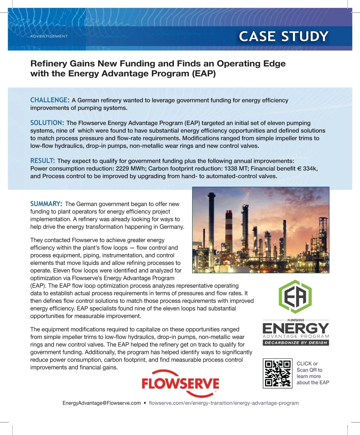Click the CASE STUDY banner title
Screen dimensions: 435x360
point(283,36)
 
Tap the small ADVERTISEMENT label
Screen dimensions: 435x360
point(49,36)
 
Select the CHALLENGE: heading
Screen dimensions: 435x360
point(50,100)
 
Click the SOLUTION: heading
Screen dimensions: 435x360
point(47,123)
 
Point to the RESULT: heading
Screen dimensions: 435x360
point(43,160)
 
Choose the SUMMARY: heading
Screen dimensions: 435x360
point(46,204)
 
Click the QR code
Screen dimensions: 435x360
point(277,373)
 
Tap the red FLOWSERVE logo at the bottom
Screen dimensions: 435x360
point(180,384)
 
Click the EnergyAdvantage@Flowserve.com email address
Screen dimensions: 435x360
point(102,403)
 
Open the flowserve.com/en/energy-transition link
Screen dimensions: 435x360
point(223,403)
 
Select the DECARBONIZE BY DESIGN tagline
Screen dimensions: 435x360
point(296,343)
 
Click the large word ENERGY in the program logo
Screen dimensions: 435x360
point(296,328)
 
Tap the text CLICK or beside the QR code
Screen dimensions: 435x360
point(307,364)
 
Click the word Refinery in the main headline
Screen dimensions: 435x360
point(49,64)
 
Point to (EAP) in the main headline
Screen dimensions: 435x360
point(204,73)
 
